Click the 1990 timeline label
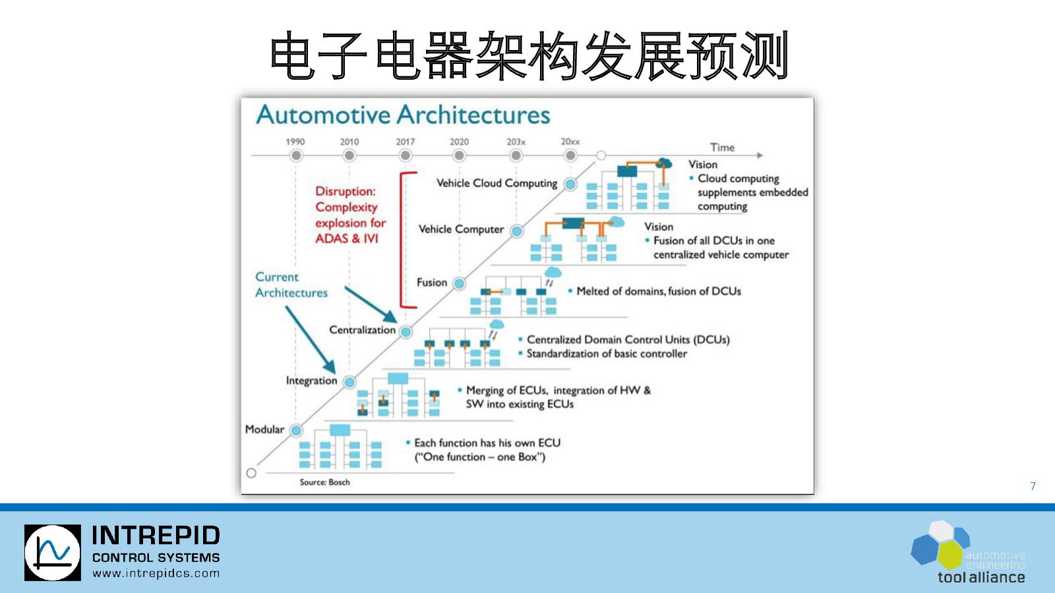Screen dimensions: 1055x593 tap(295, 142)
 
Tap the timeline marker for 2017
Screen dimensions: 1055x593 tap(405, 155)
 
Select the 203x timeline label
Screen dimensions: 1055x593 tap(516, 142)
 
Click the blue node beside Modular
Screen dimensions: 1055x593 tap(296, 430)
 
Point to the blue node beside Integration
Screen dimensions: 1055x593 tap(349, 381)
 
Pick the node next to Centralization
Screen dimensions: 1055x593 tap(406, 332)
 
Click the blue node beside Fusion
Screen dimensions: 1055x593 tap(459, 283)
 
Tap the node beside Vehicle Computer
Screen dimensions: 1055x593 tap(517, 231)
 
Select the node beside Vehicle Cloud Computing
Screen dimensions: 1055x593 tap(570, 184)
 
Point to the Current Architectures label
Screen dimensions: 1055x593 tap(291, 285)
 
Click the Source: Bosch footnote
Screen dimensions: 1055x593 tap(324, 482)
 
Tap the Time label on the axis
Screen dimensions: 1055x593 tap(723, 148)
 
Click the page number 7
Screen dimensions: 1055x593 tap(1033, 486)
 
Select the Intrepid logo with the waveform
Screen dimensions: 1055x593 tap(53, 553)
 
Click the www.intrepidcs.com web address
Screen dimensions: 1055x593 tap(156, 573)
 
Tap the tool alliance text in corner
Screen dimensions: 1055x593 tap(981, 577)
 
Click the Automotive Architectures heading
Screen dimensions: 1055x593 tap(403, 115)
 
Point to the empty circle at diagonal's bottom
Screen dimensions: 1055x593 tap(251, 473)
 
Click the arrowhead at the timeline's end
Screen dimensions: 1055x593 tap(760, 155)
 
